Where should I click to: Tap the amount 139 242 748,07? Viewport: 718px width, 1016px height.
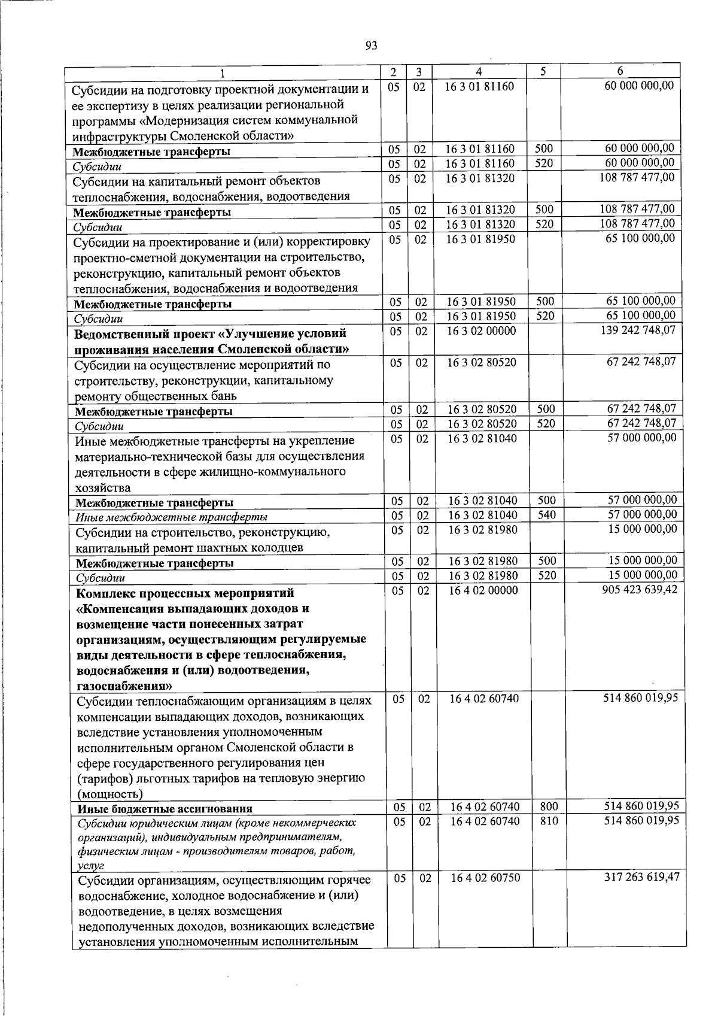638,330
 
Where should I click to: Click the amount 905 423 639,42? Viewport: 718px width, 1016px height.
640,590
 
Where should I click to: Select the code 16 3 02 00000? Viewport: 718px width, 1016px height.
482,331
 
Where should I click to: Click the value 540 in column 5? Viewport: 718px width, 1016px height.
546,515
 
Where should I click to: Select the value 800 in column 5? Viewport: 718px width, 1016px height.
549,807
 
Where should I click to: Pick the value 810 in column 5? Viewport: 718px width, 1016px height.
549,821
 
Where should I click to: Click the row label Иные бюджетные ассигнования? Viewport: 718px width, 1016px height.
165,809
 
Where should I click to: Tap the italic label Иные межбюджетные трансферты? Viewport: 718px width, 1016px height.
171,517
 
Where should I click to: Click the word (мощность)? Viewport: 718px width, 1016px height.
110,794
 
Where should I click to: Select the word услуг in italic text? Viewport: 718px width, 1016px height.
92,866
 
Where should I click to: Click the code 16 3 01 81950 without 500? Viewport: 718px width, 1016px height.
480,239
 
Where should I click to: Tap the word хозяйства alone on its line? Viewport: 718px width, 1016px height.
103,488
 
